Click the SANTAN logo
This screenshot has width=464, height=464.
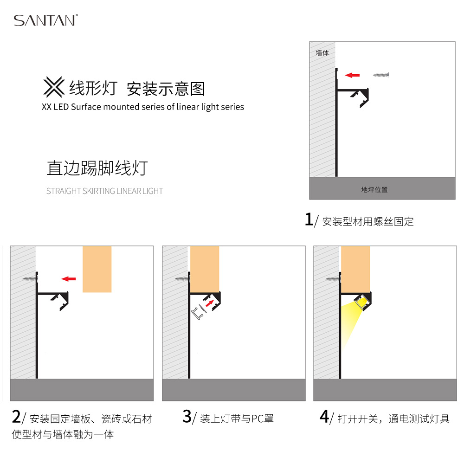click(x=46, y=20)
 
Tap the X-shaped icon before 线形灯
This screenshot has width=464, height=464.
click(x=54, y=87)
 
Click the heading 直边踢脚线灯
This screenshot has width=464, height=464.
click(x=97, y=168)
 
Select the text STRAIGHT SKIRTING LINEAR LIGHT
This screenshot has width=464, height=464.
click(x=104, y=191)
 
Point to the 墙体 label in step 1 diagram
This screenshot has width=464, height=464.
click(x=322, y=53)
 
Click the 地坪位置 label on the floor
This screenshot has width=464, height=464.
click(x=374, y=190)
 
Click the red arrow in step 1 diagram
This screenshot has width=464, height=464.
click(x=353, y=75)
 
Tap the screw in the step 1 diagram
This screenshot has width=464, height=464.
click(x=381, y=75)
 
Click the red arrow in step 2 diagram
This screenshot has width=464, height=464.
click(x=69, y=279)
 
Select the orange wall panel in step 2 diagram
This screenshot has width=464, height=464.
click(x=97, y=269)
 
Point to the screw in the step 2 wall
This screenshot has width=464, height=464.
click(x=30, y=279)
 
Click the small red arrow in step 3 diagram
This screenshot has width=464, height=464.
click(x=210, y=303)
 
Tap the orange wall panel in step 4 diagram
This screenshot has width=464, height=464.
click(x=355, y=269)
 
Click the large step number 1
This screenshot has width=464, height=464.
click(x=309, y=219)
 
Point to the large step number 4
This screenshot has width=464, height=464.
click(x=324, y=417)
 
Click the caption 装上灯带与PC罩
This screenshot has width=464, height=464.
click(x=237, y=419)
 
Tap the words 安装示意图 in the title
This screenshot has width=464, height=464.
click(x=166, y=89)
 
